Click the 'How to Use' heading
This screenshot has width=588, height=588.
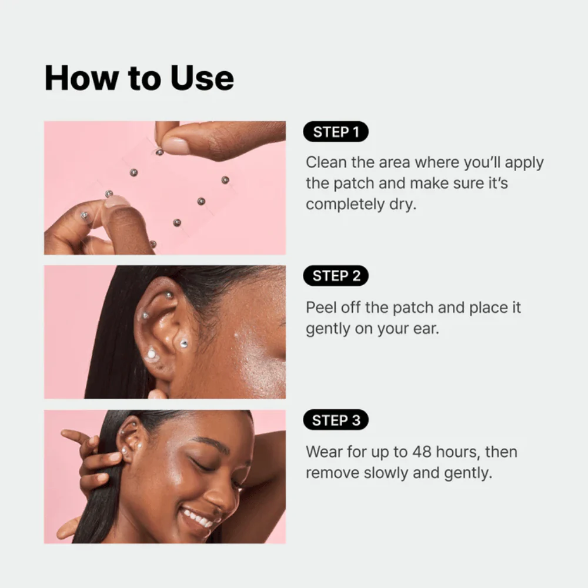(139, 78)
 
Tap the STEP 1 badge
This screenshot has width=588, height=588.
(336, 132)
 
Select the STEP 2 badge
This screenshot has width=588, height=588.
(336, 276)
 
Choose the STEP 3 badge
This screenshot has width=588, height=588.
(336, 420)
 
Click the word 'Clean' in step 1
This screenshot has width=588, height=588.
(326, 162)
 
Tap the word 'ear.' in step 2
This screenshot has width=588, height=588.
(426, 329)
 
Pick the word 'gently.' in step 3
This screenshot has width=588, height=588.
(468, 473)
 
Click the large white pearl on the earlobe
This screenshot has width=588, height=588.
(151, 353)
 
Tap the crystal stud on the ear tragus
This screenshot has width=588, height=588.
(183, 343)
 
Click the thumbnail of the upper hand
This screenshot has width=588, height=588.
(175, 145)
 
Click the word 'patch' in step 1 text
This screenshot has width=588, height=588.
(353, 183)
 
